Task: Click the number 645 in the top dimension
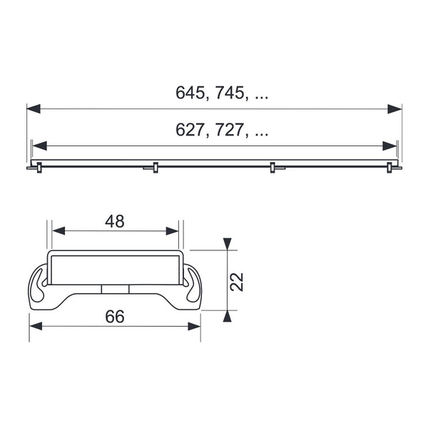coord(190,93)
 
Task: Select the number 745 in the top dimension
coord(229,93)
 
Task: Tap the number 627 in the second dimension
coord(190,130)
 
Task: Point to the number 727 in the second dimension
coord(229,130)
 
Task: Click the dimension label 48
coord(115,221)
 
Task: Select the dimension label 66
coord(115,317)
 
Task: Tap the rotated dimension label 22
coord(236,282)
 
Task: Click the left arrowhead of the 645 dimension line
coord(34,108)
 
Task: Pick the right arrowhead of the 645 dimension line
coord(394,108)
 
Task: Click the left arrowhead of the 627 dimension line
coord(39,146)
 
